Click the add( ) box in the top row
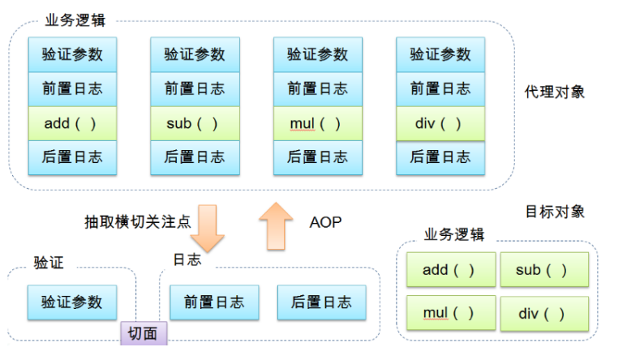point(71,123)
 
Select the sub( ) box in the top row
point(195,123)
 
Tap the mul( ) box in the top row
point(317,123)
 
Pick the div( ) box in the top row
point(440,123)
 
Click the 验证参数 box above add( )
point(71,55)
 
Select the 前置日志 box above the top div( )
point(440,89)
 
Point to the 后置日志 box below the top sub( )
point(195,157)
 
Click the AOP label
point(325,221)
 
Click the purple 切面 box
point(144,332)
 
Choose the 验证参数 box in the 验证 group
point(71,302)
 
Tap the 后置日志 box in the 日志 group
point(320,302)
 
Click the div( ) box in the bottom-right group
point(543,313)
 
